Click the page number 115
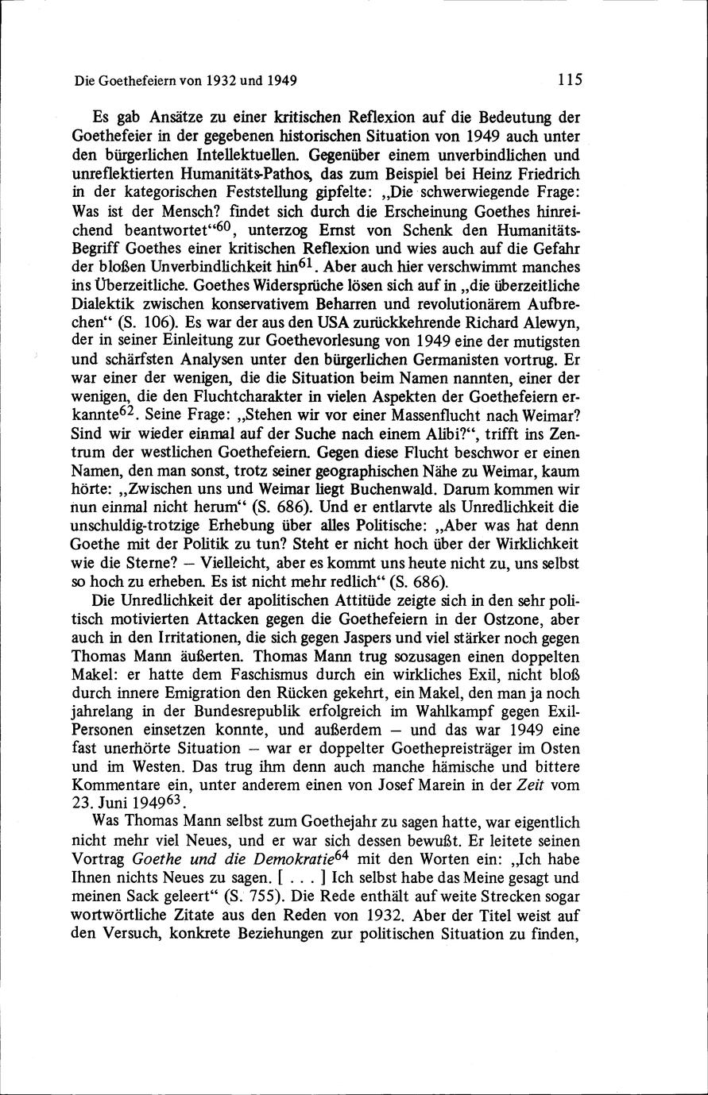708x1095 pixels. (x=571, y=79)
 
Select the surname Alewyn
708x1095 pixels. (x=552, y=322)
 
